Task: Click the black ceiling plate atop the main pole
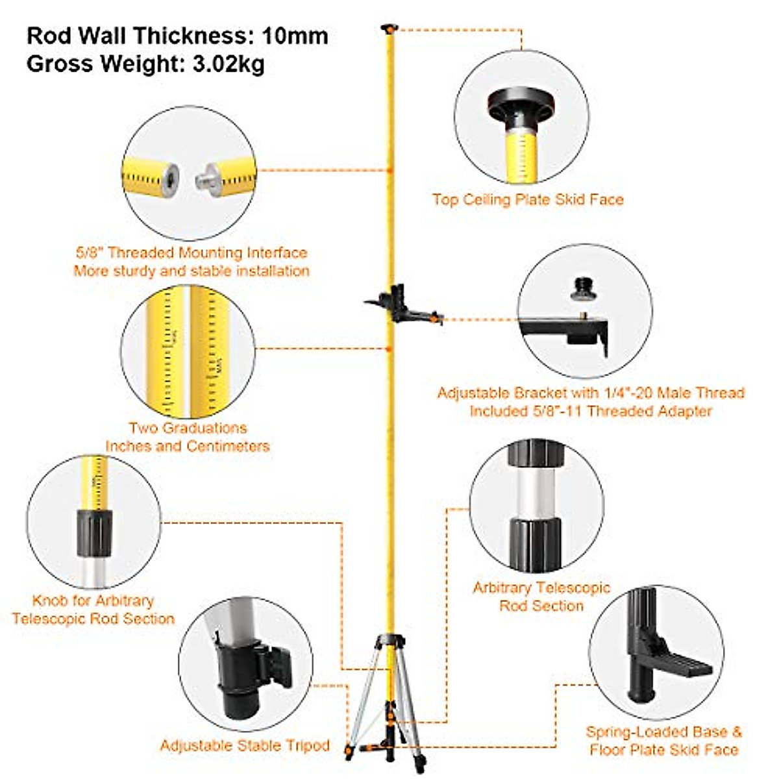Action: click(389, 28)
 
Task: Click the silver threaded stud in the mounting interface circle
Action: click(208, 176)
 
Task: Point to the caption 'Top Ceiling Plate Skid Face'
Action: click(528, 200)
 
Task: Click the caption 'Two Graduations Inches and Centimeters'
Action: click(188, 437)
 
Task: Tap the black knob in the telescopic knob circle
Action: click(95, 532)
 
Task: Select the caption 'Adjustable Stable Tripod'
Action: click(245, 746)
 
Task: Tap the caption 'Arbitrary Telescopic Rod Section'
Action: click(541, 597)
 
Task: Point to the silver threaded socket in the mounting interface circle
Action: click(170, 176)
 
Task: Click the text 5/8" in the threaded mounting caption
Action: click(88, 253)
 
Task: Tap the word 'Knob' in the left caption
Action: click(49, 600)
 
